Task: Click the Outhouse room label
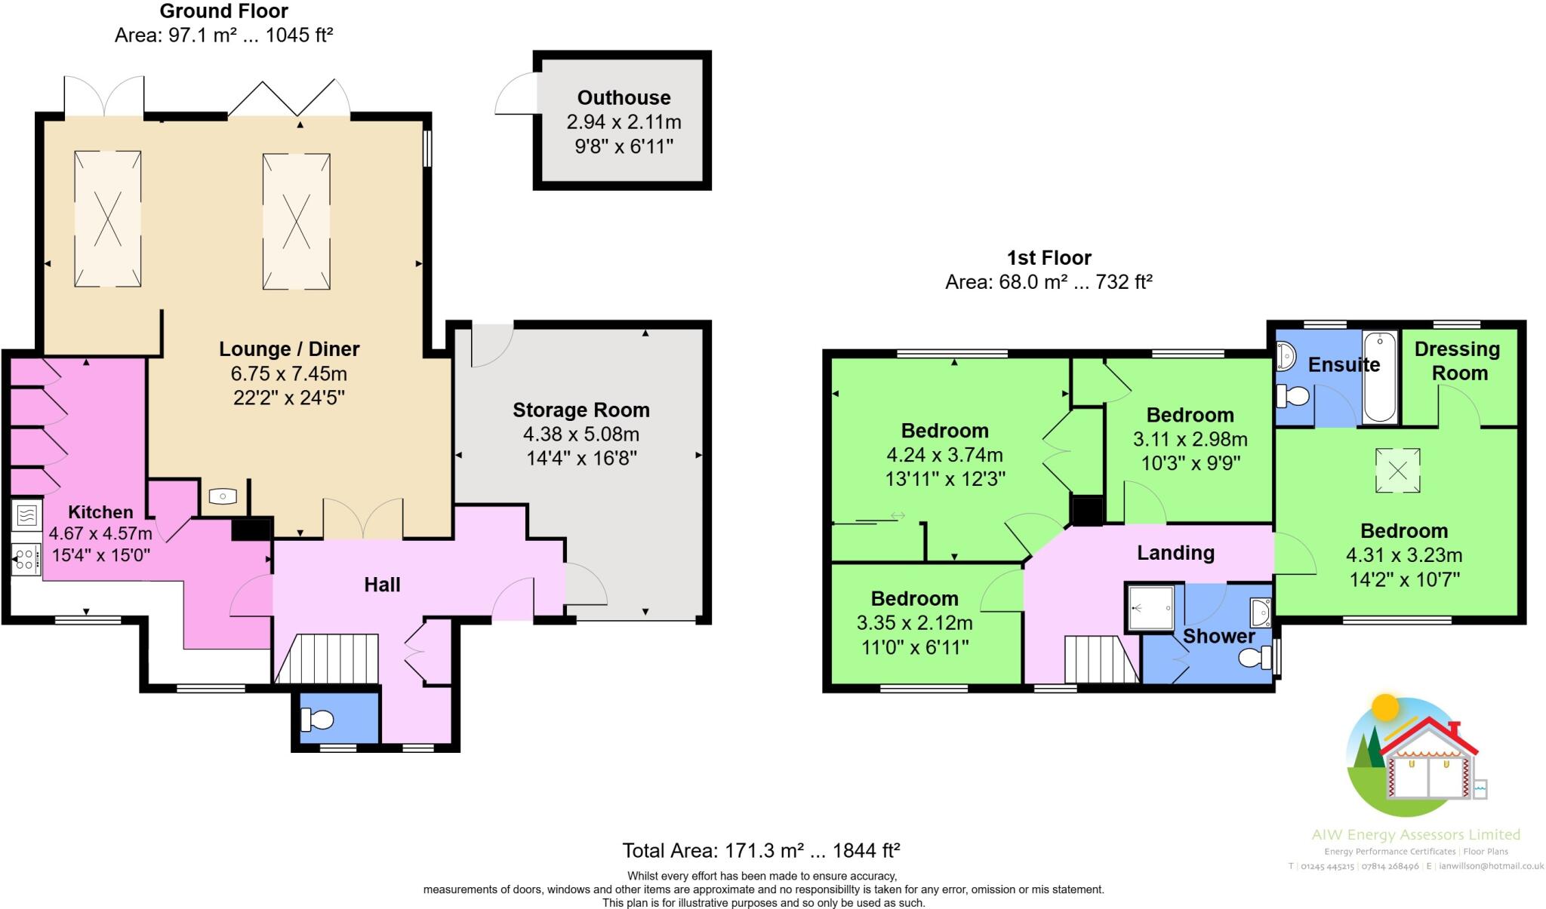(x=624, y=97)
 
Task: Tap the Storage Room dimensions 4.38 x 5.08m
(x=581, y=435)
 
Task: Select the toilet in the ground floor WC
(x=317, y=720)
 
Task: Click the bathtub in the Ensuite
(x=1381, y=376)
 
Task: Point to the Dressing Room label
(x=1458, y=361)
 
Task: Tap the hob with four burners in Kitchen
(x=26, y=560)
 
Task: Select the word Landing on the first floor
(x=1175, y=553)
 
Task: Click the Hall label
(x=382, y=585)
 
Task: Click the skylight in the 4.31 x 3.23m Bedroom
(x=1397, y=471)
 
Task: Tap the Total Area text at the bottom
(x=760, y=851)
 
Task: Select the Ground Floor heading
(x=223, y=11)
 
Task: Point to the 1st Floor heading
(x=1049, y=258)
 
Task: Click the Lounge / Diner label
(x=289, y=349)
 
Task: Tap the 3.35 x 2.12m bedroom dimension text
(x=914, y=623)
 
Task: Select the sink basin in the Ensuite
(x=1286, y=355)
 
